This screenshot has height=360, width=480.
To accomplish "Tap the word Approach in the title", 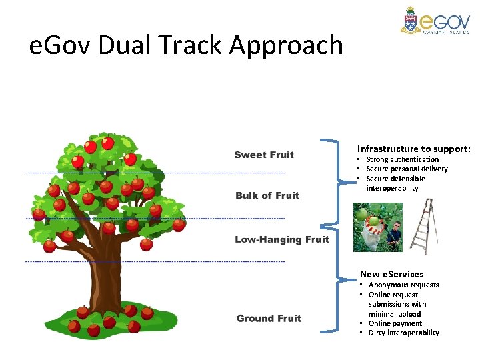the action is coord(286,45).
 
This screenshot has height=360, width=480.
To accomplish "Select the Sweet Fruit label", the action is coord(264,155).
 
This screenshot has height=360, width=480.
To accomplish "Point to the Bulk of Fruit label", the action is coord(267,195).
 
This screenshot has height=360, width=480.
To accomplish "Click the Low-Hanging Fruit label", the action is coord(281,239).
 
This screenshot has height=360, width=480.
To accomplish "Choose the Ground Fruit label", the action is coord(269,318).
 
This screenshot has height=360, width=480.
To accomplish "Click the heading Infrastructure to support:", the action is coord(413,149).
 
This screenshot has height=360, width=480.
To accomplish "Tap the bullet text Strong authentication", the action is coord(403,159).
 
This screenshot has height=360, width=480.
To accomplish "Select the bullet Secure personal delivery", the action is coord(407,169).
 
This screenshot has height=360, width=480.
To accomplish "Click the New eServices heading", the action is coord(391,274).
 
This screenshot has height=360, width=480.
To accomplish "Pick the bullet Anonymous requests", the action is coord(404,285).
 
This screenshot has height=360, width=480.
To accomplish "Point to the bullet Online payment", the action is coord(395,323).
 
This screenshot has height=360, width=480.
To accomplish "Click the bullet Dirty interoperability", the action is coord(404,333).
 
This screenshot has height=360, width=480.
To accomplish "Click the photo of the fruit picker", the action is coord(377,227).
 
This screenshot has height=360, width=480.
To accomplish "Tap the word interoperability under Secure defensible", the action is coord(393,188).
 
